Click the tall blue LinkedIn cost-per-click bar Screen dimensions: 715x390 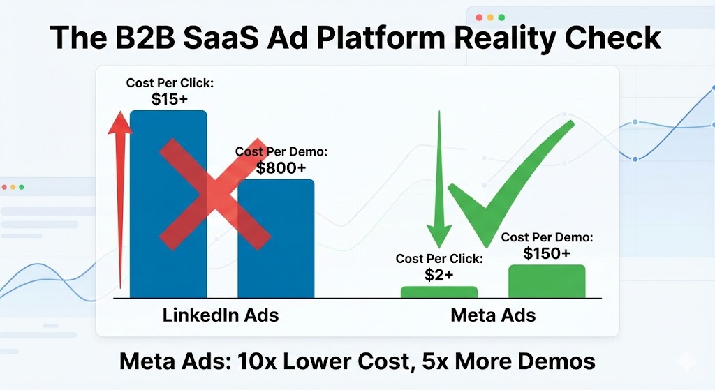click(168, 204)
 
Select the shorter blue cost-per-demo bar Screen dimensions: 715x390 click(276, 239)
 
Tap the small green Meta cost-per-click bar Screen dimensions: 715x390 click(439, 292)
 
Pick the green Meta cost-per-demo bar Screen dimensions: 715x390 click(547, 281)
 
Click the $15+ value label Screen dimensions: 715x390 click(170, 99)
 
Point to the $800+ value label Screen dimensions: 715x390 click(281, 168)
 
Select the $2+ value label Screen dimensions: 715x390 click(439, 275)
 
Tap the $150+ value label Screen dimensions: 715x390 click(547, 253)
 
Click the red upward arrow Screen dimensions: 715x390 click(120, 200)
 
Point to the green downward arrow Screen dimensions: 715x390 click(439, 179)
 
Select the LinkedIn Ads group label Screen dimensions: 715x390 click(221, 315)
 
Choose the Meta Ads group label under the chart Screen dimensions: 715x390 click(493, 315)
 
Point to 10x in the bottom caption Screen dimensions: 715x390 click(257, 361)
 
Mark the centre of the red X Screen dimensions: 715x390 click(215, 194)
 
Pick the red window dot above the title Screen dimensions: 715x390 click(479, 17)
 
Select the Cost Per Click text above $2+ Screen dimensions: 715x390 click(439, 259)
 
